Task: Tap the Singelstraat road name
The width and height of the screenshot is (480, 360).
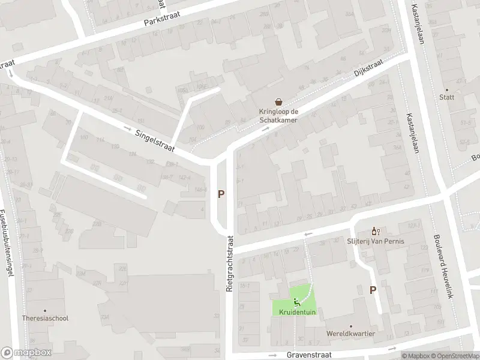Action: pyautogui.click(x=154, y=142)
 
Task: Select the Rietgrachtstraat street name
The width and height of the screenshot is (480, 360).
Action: pyautogui.click(x=229, y=264)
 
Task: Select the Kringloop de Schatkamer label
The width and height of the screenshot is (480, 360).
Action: pyautogui.click(x=278, y=115)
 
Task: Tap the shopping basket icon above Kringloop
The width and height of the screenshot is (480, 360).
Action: pyautogui.click(x=278, y=101)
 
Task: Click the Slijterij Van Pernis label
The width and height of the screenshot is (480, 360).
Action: pyautogui.click(x=376, y=241)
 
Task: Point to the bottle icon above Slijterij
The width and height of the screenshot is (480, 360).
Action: pyautogui.click(x=376, y=230)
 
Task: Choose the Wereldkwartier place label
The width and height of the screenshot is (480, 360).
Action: pyautogui.click(x=351, y=334)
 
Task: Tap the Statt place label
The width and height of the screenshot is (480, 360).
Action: pyautogui.click(x=446, y=97)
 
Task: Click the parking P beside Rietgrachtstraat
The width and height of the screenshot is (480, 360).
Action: pyautogui.click(x=221, y=194)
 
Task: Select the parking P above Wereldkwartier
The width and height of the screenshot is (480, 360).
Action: pyautogui.click(x=373, y=290)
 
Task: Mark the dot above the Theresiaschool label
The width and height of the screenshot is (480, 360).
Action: pyautogui.click(x=44, y=310)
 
